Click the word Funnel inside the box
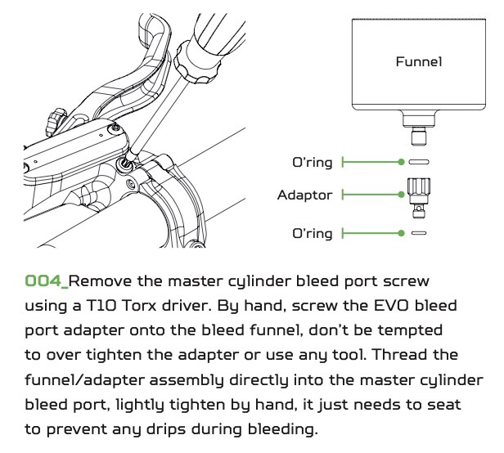(418, 62)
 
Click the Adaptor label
(305, 195)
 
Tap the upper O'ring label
(312, 162)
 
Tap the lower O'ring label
(312, 233)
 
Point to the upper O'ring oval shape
(418, 162)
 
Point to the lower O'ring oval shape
(418, 233)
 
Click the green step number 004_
(47, 281)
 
